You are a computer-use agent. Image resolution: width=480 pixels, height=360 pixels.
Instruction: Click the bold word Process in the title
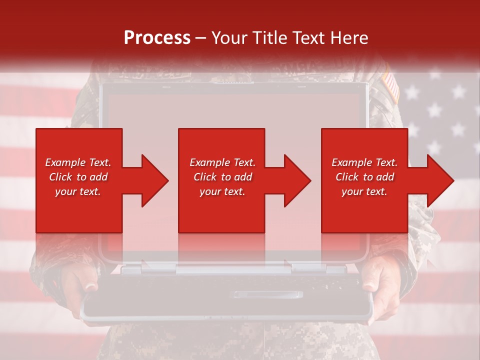[x=157, y=37]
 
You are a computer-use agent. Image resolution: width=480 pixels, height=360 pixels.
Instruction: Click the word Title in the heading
[x=270, y=37]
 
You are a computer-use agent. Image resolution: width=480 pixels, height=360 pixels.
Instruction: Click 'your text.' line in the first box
[x=78, y=191]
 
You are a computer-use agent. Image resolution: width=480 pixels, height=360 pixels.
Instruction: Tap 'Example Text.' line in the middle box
[x=222, y=162]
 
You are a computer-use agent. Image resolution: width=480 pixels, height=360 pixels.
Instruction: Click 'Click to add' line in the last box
[x=364, y=177]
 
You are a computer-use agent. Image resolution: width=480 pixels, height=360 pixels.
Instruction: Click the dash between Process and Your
[x=200, y=37]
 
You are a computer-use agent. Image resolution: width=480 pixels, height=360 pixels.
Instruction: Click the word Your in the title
[x=229, y=37]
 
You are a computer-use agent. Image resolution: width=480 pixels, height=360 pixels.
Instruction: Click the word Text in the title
[x=308, y=37]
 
